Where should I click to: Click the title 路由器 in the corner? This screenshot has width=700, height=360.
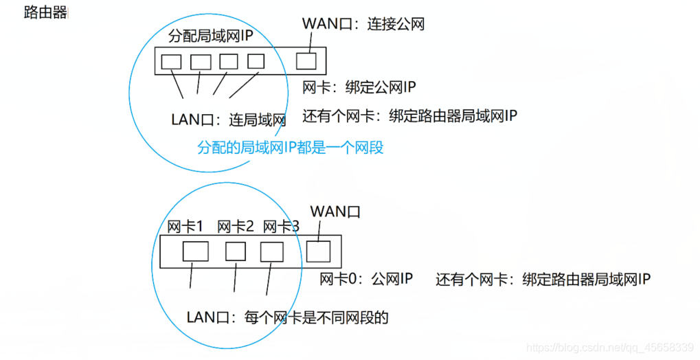(x=45, y=12)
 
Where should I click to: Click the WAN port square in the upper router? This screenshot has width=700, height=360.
(x=306, y=61)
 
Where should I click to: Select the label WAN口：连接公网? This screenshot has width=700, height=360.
(x=363, y=23)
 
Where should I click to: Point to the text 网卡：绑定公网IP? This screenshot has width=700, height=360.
(x=359, y=87)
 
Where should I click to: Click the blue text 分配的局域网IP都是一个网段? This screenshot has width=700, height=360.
(x=289, y=148)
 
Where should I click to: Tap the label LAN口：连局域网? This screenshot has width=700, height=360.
(x=227, y=120)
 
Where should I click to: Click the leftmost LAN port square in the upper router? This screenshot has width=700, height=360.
(x=171, y=62)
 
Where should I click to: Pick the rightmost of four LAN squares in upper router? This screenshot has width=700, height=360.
(x=256, y=61)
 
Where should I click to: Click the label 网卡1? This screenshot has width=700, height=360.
(x=185, y=226)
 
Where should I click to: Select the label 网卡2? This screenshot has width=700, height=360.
(x=236, y=226)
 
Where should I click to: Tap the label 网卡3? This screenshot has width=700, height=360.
(x=281, y=226)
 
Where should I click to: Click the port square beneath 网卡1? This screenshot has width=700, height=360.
(x=195, y=251)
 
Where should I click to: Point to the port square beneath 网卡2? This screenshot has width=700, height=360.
(x=236, y=251)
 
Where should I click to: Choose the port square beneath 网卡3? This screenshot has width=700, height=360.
(x=271, y=252)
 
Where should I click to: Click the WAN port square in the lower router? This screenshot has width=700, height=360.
(x=318, y=252)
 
